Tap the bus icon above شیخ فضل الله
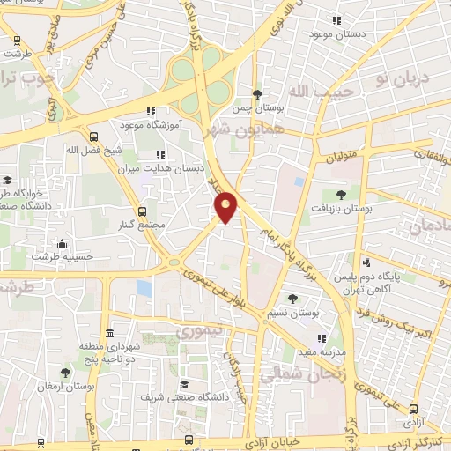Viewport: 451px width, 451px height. pos(93,136)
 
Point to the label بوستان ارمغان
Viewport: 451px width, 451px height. pos(66,386)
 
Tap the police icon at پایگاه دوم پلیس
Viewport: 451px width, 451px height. pos(366,262)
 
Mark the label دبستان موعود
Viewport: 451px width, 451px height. pos(334,33)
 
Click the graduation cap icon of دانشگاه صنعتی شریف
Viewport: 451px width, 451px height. pos(185,385)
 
